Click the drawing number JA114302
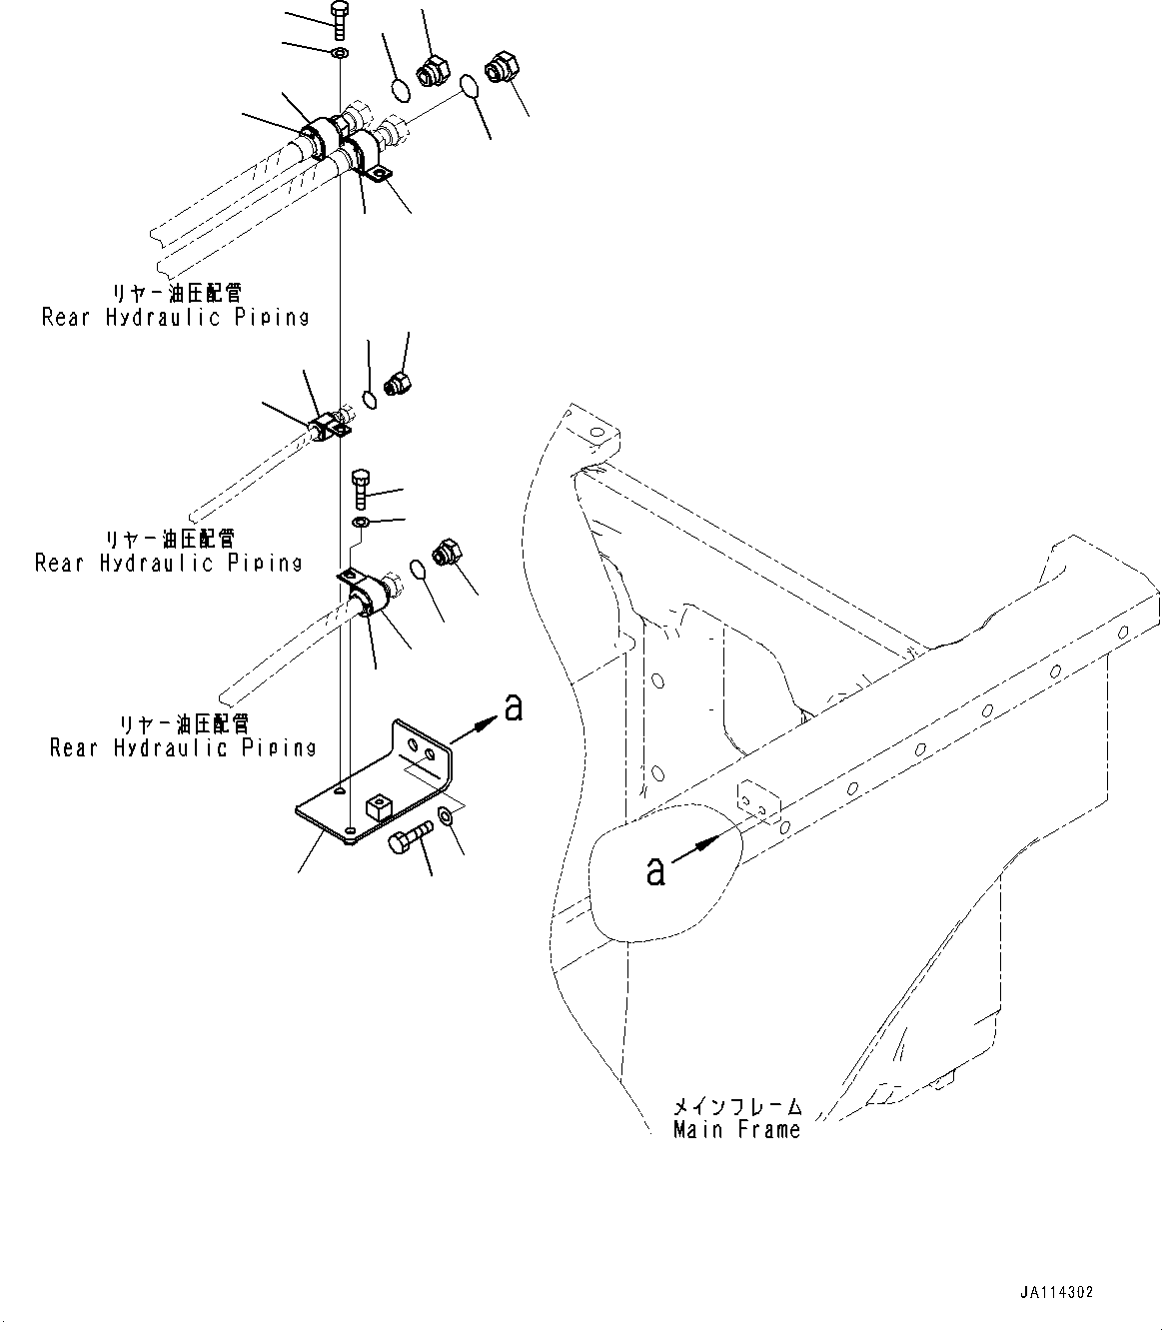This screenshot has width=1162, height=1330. (1057, 1292)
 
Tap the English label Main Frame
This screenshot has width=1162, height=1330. (736, 1130)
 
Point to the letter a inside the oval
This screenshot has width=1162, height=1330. (655, 870)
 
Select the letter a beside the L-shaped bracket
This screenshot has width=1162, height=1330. (513, 708)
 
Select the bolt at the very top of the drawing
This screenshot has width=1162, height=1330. (338, 21)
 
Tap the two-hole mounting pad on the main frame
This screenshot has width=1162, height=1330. (758, 798)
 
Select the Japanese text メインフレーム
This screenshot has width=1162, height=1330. (737, 1106)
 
